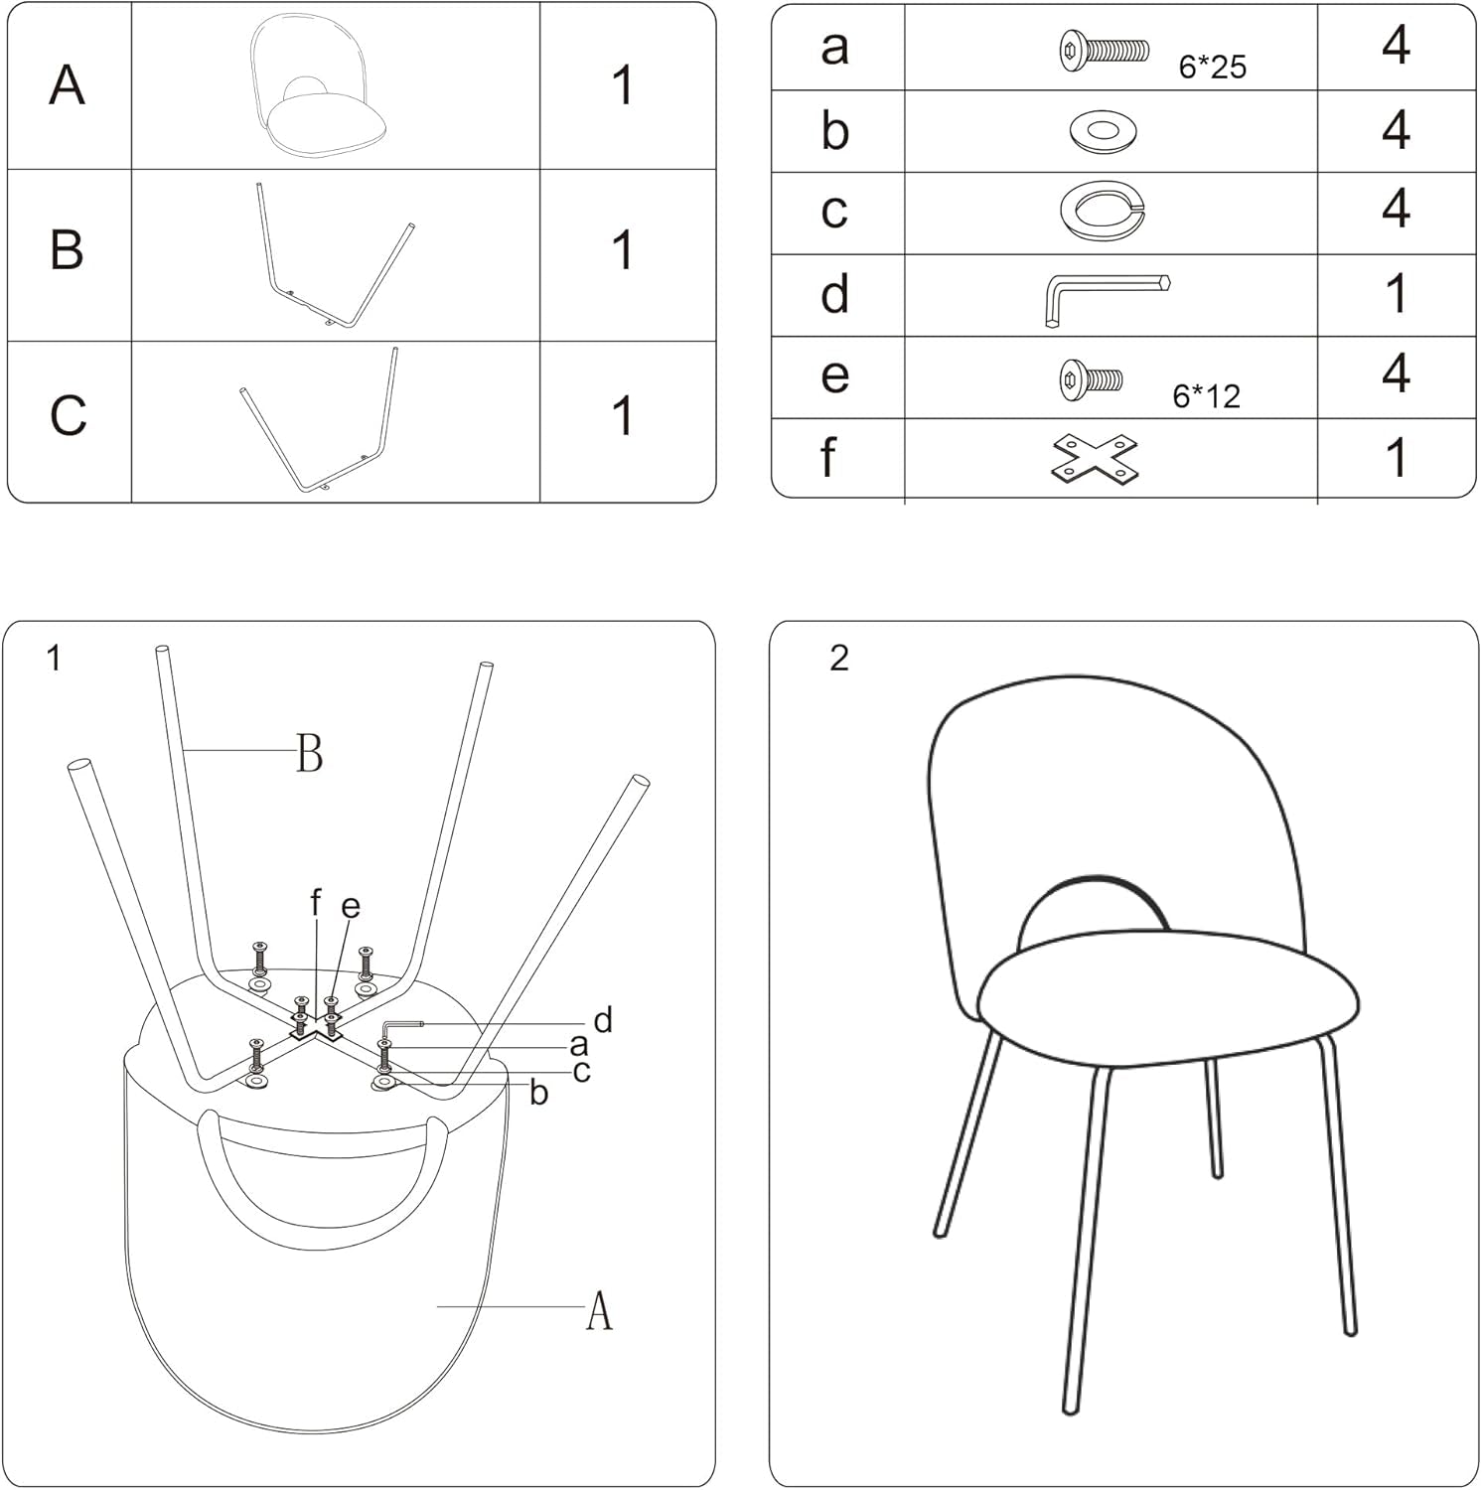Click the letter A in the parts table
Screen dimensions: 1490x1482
pos(67,85)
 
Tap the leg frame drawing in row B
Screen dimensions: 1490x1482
pos(333,255)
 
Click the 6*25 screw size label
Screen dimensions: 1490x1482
pos(1212,68)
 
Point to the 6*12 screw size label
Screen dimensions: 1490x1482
pos(1206,396)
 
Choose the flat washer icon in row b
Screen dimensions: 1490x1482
pos(1103,130)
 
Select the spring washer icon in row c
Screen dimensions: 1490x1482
pos(1103,210)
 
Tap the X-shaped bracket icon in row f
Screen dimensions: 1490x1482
pos(1095,459)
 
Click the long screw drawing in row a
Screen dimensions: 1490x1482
pos(1103,49)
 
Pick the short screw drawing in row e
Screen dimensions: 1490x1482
pos(1091,378)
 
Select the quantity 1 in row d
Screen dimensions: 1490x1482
pos(1396,294)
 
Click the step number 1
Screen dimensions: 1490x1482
pos(54,658)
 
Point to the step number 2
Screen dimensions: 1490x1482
pos(839,658)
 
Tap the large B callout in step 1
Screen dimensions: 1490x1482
pos(310,753)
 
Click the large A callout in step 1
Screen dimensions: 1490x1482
pos(599,1311)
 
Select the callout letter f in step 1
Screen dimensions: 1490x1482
pos(316,903)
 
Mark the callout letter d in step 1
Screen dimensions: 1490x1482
pos(602,1020)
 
